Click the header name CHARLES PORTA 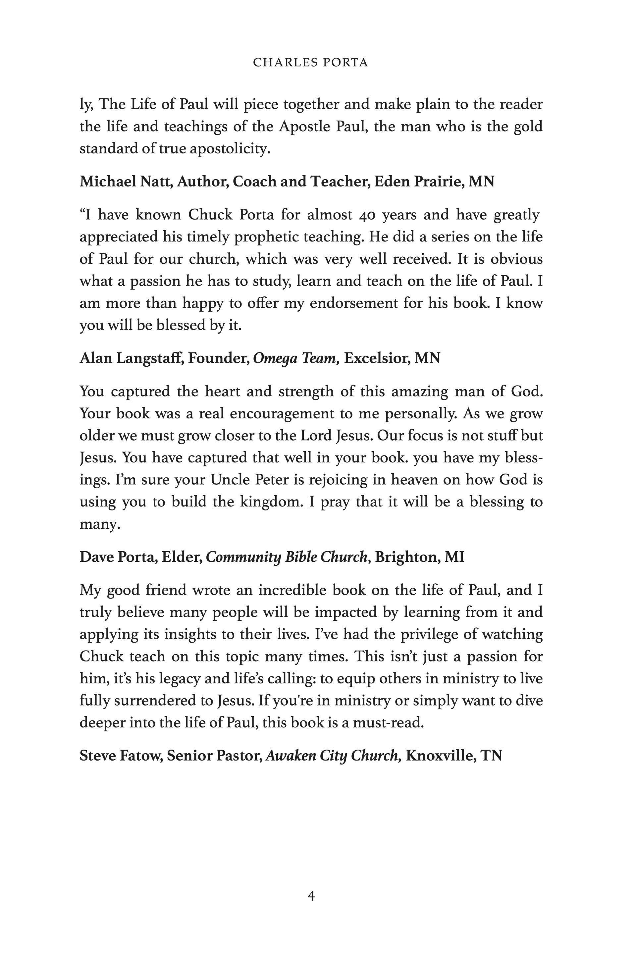pyautogui.click(x=310, y=63)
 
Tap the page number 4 pyautogui.click(x=311, y=896)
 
